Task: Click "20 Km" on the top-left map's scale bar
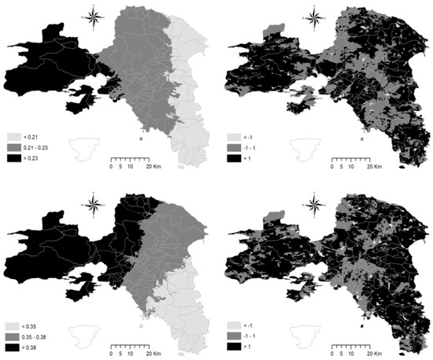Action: (153, 167)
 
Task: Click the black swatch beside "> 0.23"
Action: (13, 158)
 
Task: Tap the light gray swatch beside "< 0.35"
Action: (13, 325)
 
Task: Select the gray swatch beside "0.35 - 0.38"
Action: (13, 336)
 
